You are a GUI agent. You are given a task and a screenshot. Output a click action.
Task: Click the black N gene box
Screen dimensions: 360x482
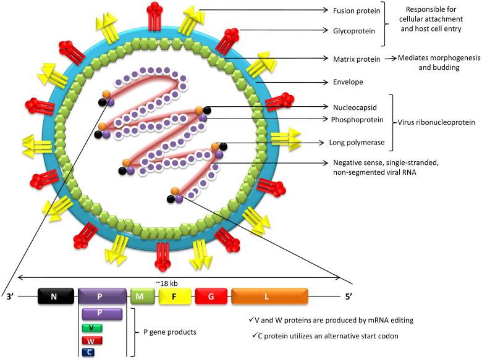pos(54,296)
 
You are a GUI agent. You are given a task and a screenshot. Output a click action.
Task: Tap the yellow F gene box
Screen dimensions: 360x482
pos(174,296)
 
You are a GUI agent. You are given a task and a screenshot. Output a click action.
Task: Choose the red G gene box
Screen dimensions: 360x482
pos(211,296)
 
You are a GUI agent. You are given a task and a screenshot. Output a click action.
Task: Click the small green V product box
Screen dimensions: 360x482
pos(91,327)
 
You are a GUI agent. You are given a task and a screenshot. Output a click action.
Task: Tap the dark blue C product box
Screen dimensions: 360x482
pos(91,352)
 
